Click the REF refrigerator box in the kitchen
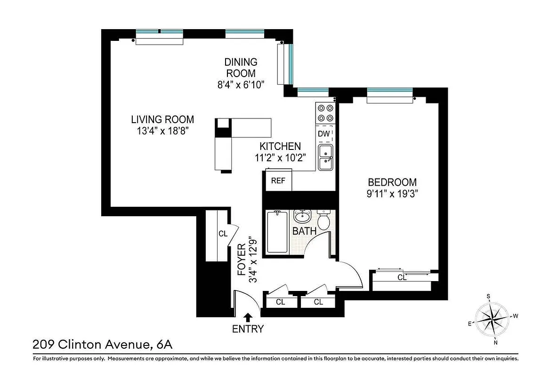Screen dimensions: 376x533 point(278,180)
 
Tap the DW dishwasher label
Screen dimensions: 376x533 point(323,133)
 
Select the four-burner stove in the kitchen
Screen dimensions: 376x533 point(325,113)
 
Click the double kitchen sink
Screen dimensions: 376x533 point(325,157)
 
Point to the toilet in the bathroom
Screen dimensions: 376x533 point(323,220)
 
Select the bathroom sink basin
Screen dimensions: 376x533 point(302,217)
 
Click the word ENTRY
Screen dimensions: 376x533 point(248,329)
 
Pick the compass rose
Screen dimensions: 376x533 point(493,319)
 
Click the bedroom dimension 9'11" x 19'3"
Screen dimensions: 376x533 point(392,193)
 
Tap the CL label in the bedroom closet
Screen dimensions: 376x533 point(402,278)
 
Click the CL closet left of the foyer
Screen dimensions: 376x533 point(222,234)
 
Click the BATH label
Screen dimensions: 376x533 point(304,231)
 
